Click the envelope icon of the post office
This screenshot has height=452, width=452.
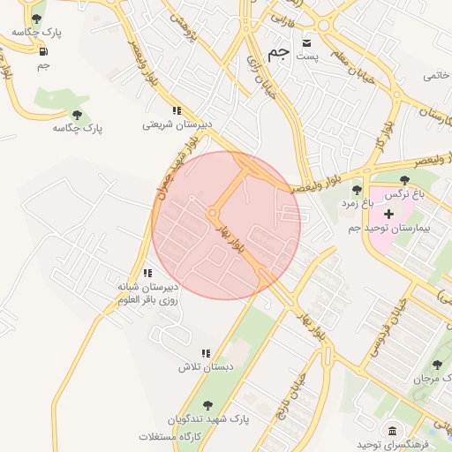click(x=307, y=42)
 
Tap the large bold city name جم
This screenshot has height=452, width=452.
click(x=277, y=52)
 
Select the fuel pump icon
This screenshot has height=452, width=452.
click(x=43, y=50)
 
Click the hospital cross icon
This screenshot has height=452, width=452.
click(x=388, y=214)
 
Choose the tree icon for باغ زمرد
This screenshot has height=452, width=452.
click(x=358, y=190)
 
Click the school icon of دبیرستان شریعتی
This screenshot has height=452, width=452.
click(x=177, y=111)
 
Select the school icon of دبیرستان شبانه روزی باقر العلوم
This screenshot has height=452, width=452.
click(x=147, y=274)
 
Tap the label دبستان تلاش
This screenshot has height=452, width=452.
click(x=206, y=366)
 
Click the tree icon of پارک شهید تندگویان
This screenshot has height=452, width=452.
click(x=207, y=406)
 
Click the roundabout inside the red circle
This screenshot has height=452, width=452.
click(x=213, y=215)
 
